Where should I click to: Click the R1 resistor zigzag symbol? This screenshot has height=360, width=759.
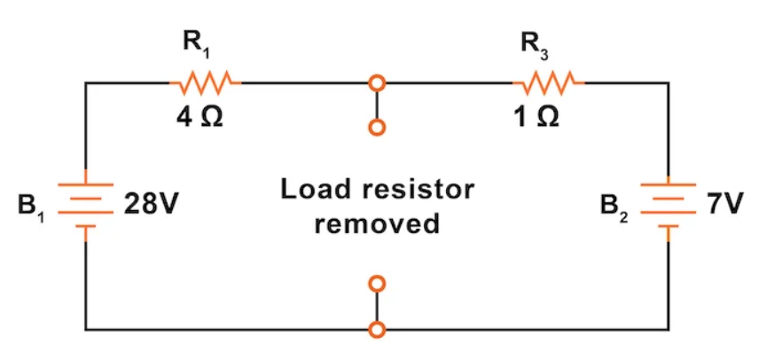click(205, 83)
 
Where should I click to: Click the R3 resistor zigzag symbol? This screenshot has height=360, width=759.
click(548, 83)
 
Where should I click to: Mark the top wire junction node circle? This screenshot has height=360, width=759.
click(378, 83)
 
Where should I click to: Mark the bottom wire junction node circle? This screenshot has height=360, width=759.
click(378, 330)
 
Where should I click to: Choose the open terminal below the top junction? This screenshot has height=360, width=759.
click(378, 129)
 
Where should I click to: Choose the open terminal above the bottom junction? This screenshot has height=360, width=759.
click(378, 284)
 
